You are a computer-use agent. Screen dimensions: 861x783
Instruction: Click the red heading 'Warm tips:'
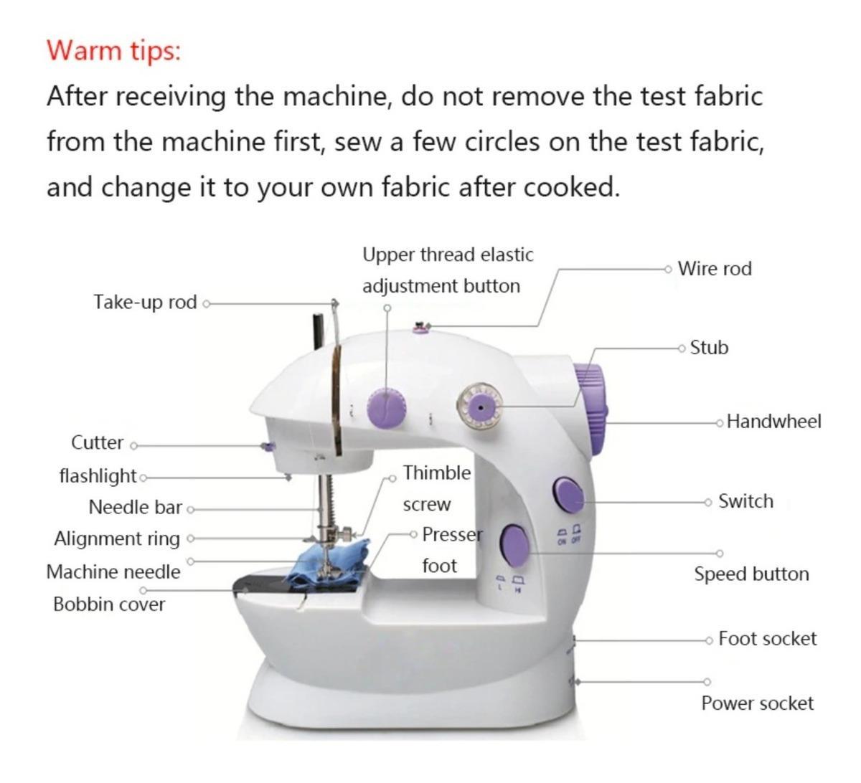pyautogui.click(x=114, y=51)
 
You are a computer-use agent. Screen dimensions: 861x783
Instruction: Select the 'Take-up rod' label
pyautogui.click(x=145, y=303)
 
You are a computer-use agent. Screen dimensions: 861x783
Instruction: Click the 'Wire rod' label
pyautogui.click(x=715, y=269)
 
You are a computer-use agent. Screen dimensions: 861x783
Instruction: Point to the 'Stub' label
pyautogui.click(x=709, y=348)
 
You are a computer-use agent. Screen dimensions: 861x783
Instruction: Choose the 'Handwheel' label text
pyautogui.click(x=774, y=422)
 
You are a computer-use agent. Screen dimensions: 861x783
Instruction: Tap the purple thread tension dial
pyautogui.click(x=387, y=407)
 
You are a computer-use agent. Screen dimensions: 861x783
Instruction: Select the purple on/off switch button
pyautogui.click(x=568, y=495)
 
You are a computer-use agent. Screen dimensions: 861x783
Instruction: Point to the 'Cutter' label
pyautogui.click(x=98, y=443)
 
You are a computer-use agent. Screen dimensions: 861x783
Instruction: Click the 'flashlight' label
pyautogui.click(x=98, y=476)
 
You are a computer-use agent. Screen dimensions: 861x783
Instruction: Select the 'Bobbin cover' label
pyautogui.click(x=109, y=604)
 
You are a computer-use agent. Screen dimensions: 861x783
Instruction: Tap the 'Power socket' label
pyautogui.click(x=758, y=703)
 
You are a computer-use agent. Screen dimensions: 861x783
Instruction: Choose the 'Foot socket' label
pyautogui.click(x=768, y=638)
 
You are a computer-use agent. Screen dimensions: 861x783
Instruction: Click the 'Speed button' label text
pyautogui.click(x=751, y=574)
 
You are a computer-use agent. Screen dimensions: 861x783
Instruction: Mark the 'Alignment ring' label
pyautogui.click(x=117, y=539)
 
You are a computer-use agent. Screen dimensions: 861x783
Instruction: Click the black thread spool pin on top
pyautogui.click(x=318, y=333)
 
